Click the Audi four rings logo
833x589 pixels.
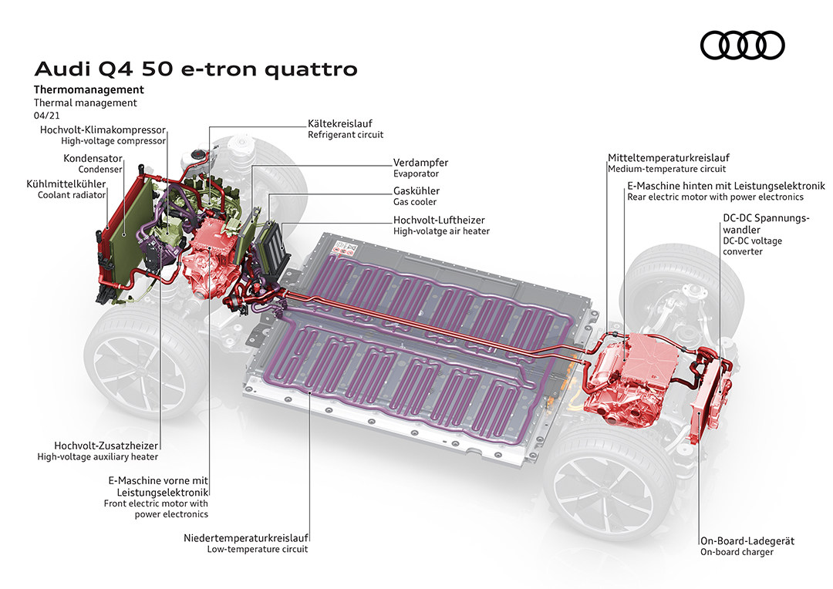[742, 46]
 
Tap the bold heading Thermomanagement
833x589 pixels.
[89, 89]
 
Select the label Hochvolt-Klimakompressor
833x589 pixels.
[103, 130]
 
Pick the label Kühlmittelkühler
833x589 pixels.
[71, 183]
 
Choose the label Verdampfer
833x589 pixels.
[420, 163]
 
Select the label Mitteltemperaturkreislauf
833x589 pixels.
[668, 157]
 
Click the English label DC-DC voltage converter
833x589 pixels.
[752, 246]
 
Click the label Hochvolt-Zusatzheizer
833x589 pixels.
[106, 446]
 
